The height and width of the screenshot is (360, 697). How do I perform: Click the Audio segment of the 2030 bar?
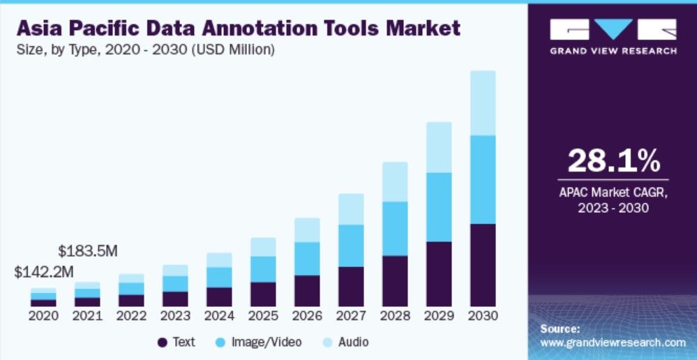(483, 103)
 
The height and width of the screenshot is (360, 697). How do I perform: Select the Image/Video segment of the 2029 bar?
(439, 207)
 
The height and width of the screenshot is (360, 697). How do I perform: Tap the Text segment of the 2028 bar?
(395, 280)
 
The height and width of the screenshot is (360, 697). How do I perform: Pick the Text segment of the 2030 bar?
(483, 264)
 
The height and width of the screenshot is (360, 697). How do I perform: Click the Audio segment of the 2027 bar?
(351, 209)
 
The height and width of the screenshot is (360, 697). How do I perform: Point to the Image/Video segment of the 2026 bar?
(307, 258)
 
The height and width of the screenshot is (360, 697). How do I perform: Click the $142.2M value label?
(43, 272)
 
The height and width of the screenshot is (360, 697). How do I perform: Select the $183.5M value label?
(87, 250)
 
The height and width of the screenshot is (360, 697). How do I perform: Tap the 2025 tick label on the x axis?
(263, 315)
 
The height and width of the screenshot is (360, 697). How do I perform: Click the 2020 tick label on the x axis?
(43, 315)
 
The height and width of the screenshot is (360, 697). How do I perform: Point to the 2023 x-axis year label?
(175, 315)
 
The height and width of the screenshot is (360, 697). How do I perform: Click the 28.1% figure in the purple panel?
(613, 161)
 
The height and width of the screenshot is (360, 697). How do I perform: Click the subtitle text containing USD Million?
(145, 50)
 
